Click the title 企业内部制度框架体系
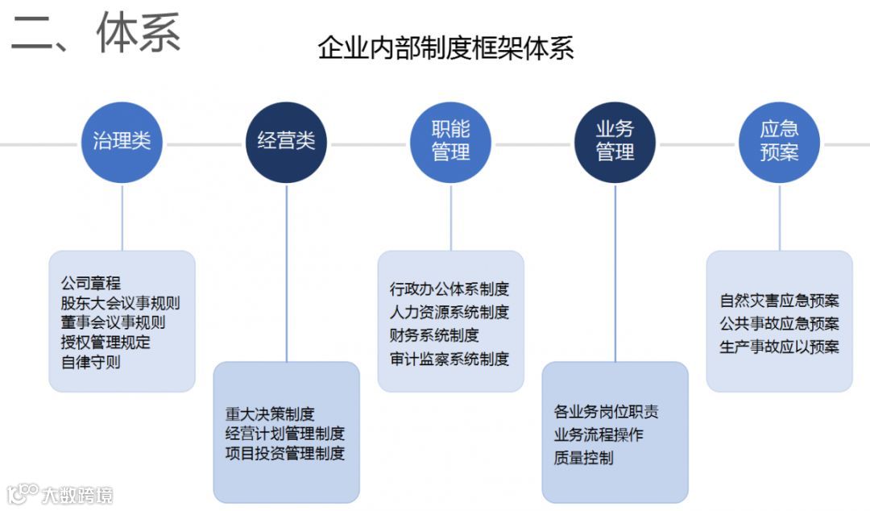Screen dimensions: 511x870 [445, 48]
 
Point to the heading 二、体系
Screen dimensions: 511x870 [96, 34]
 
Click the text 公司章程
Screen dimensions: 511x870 [90, 283]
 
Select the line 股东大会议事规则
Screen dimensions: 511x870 [120, 303]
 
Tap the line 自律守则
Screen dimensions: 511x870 [90, 362]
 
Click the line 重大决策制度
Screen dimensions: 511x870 [270, 414]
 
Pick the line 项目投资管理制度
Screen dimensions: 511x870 [284, 453]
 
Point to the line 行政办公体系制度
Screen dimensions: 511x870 [449, 289]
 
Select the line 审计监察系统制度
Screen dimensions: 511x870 [449, 359]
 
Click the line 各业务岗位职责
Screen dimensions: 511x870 [606, 412]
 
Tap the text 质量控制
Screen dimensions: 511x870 [583, 458]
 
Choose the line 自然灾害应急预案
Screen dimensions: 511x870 [779, 301]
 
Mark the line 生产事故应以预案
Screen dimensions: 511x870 [779, 347]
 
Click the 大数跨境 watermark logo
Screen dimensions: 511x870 [60, 493]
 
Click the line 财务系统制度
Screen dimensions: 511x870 [434, 335]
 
